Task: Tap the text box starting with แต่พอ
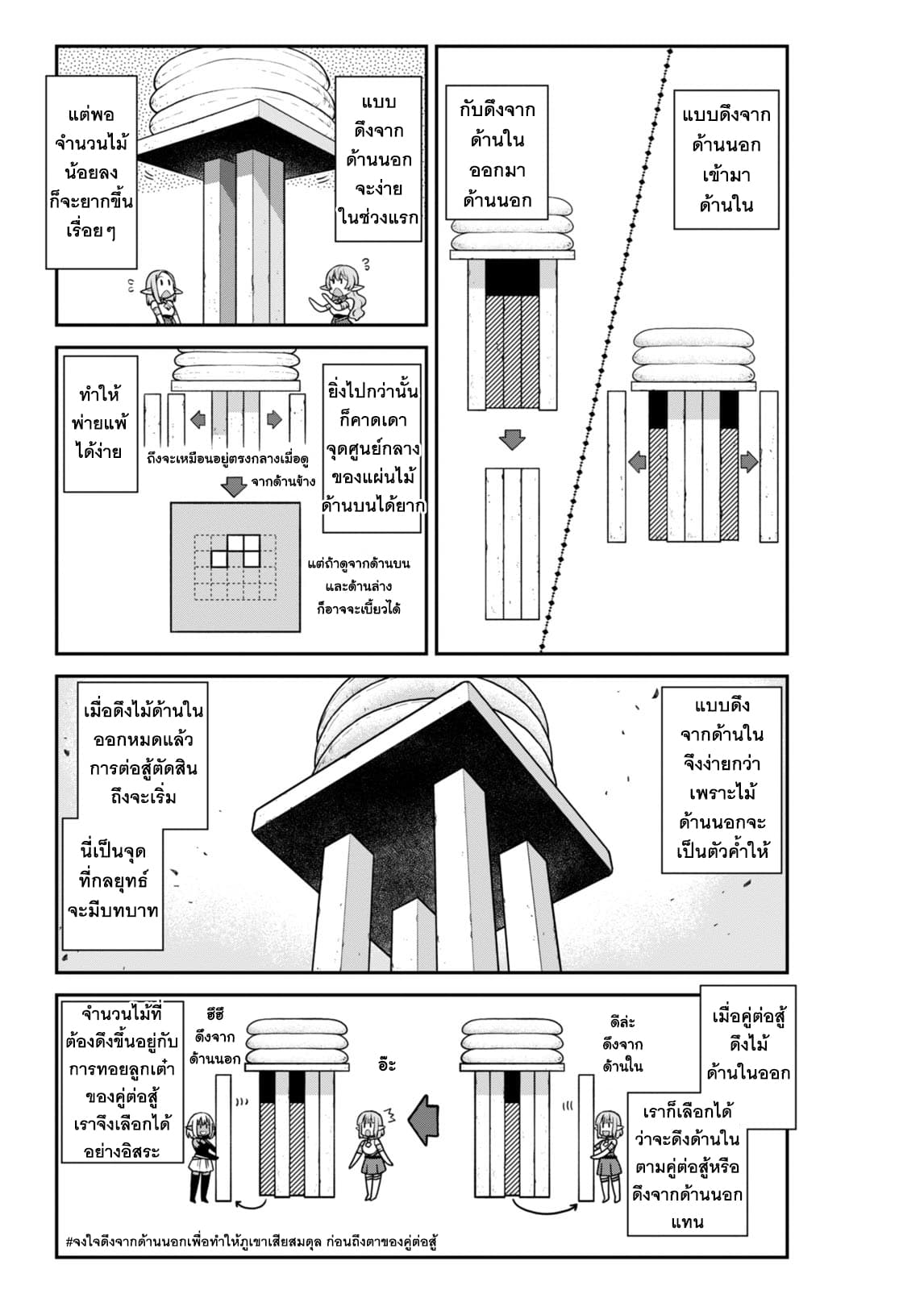90,172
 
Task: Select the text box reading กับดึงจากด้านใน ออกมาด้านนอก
497,155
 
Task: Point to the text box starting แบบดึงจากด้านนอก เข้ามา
726,160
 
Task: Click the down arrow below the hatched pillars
511,440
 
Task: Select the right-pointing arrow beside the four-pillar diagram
749,462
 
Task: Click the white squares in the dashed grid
235,550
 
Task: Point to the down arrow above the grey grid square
234,487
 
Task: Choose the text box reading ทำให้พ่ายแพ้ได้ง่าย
100,423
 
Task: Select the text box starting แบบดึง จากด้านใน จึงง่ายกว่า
721,779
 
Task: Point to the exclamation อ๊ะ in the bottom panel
386,1064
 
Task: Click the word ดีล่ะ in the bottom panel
623,1022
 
